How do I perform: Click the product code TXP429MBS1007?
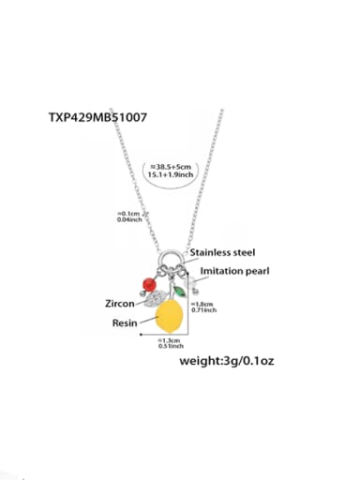[97, 118]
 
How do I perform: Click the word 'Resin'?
[125, 322]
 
